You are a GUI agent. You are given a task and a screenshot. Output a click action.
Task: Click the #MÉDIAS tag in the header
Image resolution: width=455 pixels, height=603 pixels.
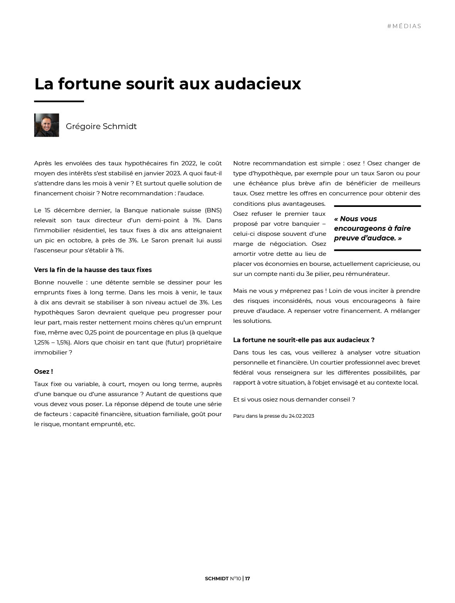404,26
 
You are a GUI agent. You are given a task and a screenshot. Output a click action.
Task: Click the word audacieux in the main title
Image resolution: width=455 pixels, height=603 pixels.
257,84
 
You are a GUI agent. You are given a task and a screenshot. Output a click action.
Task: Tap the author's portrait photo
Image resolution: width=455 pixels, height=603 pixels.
47,125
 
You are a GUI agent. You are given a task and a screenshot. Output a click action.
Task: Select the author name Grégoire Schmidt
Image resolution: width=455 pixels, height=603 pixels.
101,126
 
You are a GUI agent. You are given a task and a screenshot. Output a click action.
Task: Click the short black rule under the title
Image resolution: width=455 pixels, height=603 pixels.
59,101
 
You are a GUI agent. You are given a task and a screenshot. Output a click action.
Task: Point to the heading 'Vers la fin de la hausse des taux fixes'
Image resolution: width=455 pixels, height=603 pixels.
93,270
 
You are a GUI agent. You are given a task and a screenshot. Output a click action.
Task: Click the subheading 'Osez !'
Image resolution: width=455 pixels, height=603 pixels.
44,371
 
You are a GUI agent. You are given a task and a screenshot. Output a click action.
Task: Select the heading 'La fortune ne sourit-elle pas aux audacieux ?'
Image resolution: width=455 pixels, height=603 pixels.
304,340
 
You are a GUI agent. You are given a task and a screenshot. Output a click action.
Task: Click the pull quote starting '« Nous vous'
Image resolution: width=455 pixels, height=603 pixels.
372,228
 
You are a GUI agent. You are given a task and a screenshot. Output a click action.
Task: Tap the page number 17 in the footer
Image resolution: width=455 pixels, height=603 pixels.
247,578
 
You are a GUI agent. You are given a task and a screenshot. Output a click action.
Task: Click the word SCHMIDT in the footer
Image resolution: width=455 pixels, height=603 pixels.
217,578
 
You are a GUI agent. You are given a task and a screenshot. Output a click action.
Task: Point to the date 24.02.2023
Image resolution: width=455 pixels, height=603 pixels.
301,416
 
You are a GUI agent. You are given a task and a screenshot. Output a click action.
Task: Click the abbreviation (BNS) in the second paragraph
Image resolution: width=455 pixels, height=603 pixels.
213,210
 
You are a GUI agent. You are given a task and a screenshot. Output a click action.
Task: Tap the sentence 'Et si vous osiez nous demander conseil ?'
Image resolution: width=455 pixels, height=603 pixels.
294,399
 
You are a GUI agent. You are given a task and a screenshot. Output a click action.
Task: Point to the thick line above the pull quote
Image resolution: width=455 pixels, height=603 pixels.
377,206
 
